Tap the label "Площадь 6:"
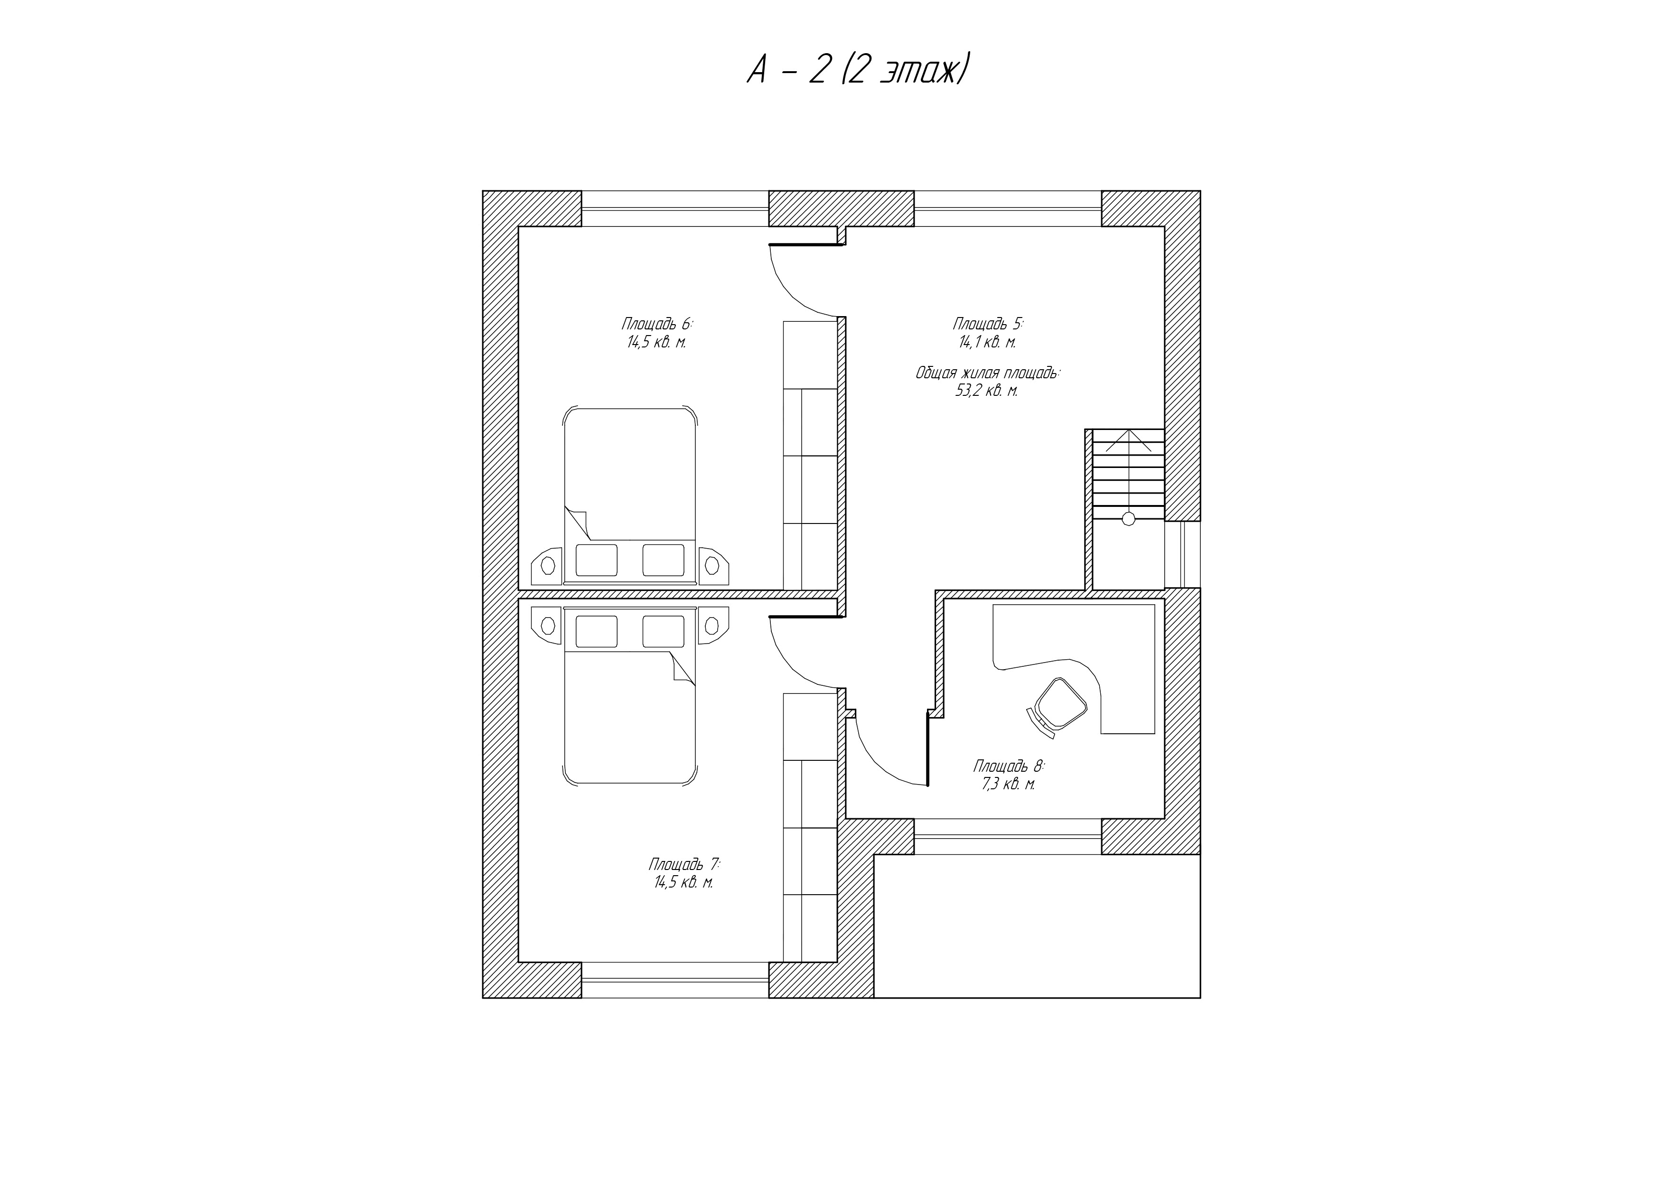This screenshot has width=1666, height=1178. [657, 324]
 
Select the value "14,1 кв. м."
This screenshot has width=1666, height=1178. [988, 342]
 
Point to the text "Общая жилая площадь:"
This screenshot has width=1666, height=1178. [988, 374]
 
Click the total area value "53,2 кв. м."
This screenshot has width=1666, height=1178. [988, 392]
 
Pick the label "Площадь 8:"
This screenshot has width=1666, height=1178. [1009, 766]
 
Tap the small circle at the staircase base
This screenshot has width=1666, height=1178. [1128, 519]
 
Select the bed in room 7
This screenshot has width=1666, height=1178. [630, 696]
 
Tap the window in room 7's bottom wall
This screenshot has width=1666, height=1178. [675, 980]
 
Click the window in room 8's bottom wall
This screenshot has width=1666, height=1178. [1008, 836]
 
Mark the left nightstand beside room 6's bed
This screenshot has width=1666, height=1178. [548, 566]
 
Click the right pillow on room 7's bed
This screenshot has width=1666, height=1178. [663, 631]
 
